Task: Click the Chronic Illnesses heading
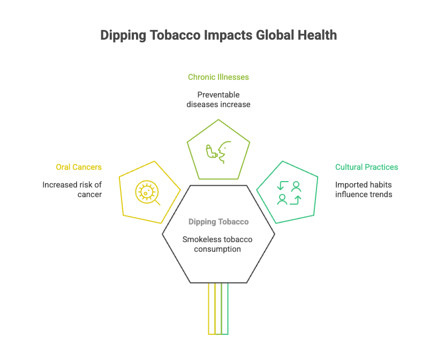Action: click(x=218, y=77)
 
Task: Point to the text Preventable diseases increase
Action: click(x=218, y=100)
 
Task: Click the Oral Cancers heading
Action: click(x=79, y=167)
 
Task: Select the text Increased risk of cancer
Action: click(x=72, y=189)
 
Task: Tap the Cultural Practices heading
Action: click(x=366, y=167)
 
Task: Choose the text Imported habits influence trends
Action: click(x=364, y=189)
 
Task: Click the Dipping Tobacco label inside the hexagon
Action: click(x=218, y=222)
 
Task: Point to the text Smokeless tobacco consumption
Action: click(x=218, y=244)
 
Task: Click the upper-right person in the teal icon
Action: click(x=296, y=186)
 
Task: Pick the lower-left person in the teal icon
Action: click(x=282, y=199)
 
